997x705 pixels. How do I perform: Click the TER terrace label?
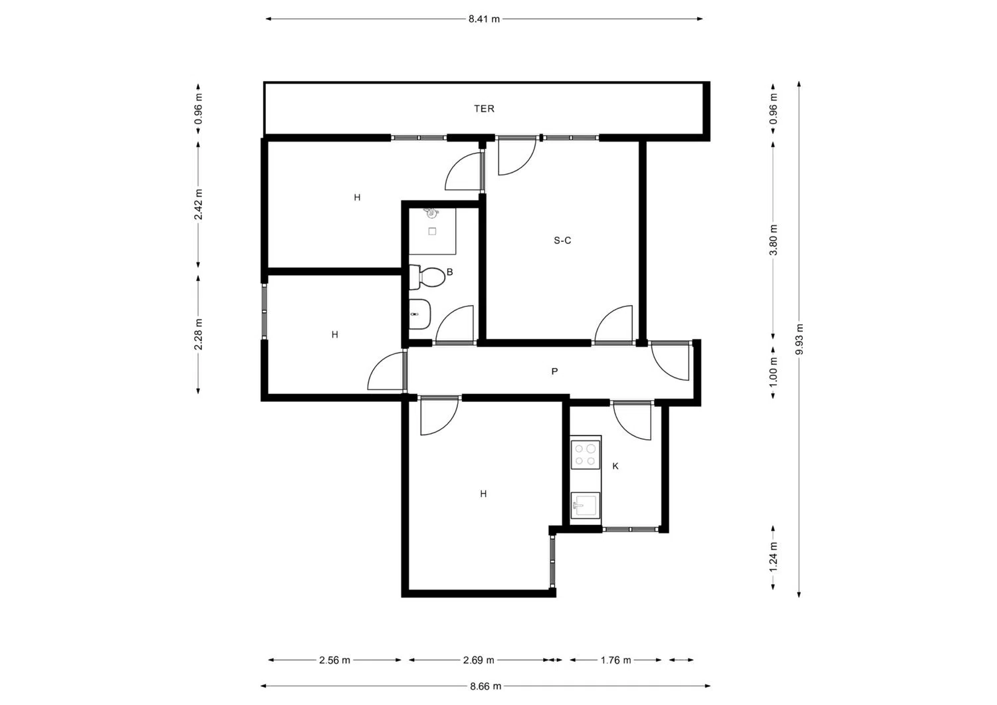484,108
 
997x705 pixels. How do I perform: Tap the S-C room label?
562,241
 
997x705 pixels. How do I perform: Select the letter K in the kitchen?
615,466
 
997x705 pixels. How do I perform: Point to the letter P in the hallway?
554,371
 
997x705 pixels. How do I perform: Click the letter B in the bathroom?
449,272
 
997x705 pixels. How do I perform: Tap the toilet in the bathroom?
427,277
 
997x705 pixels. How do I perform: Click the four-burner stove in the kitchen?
586,454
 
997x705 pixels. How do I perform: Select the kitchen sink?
586,505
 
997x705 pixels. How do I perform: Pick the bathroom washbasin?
419,314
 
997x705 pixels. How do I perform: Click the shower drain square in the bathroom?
432,232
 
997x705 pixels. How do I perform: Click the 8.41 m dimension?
484,19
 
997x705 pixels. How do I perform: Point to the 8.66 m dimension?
486,686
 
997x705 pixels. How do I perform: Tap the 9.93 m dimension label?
800,339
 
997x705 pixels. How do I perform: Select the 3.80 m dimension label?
774,240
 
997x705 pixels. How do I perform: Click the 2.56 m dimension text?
334,660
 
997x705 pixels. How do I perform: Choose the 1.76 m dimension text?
615,660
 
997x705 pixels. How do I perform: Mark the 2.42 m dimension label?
199,204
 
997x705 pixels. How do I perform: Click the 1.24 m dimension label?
774,557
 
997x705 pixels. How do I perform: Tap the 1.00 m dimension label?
774,372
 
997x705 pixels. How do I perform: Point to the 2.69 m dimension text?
479,660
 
